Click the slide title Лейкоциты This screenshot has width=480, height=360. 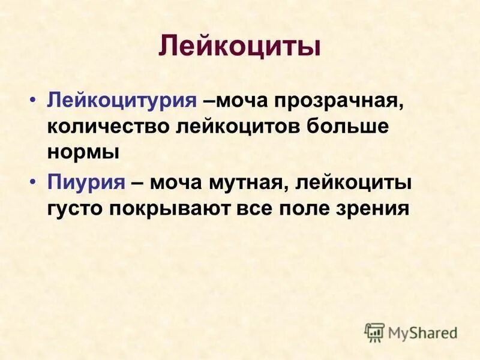coord(239,47)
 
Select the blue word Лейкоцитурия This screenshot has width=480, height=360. coord(122,100)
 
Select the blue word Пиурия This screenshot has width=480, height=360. coord(85,182)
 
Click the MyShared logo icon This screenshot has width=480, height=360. coord(374,332)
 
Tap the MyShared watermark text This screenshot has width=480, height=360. coord(423,332)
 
